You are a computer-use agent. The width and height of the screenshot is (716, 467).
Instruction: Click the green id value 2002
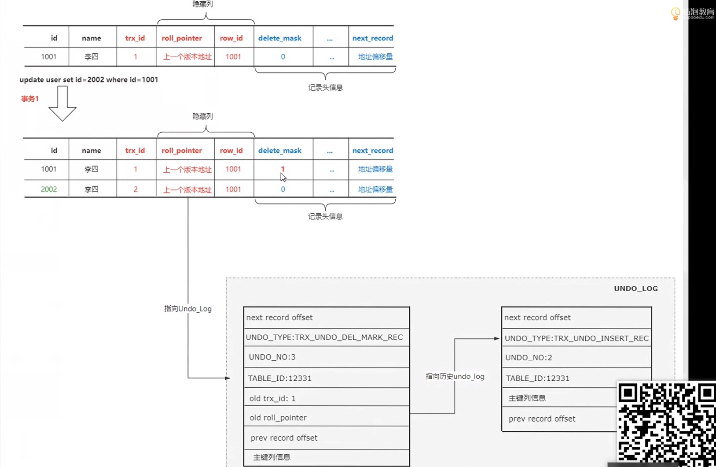49,189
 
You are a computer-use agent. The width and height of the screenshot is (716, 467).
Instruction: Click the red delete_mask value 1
283,169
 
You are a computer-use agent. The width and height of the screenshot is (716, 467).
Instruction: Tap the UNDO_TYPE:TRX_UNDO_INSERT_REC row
576,338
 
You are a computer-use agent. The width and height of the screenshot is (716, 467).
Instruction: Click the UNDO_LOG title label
635,289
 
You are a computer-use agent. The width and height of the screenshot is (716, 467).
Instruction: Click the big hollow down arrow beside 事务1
62,104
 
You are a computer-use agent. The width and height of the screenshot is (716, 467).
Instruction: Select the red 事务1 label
30,99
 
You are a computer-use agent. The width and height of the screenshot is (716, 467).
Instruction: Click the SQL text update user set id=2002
88,80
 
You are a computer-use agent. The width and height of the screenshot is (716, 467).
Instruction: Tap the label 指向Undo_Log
188,309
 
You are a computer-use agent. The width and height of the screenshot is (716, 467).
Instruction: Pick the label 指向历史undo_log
455,376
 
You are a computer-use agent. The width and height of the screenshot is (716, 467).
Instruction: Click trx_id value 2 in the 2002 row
136,189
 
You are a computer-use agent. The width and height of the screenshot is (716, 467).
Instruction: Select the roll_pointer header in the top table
182,38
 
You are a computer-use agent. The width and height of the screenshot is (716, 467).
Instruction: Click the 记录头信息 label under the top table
325,88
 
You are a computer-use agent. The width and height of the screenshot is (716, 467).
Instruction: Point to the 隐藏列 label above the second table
202,116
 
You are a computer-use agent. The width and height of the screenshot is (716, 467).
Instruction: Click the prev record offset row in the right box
542,419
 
